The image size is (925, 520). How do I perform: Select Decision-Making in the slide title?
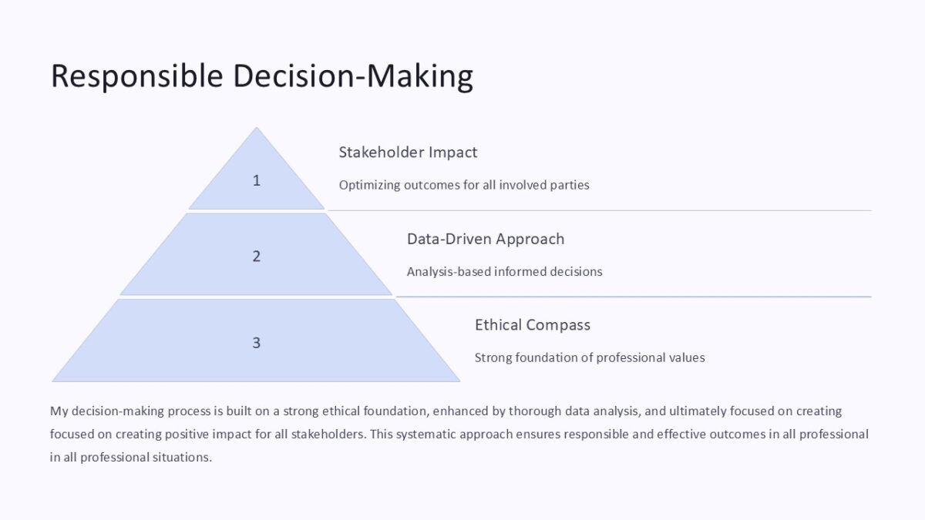[x=353, y=76]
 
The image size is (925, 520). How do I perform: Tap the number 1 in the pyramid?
[x=257, y=180]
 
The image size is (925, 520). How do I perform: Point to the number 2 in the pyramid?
[x=257, y=257]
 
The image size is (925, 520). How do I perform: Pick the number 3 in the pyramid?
[x=257, y=343]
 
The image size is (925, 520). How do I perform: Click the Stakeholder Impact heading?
[x=408, y=153]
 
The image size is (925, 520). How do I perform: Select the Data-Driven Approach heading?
[x=485, y=239]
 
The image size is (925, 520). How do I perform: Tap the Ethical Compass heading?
[x=532, y=325]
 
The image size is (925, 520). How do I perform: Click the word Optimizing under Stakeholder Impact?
[x=369, y=185]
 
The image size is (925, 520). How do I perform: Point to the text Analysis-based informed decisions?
[x=504, y=271]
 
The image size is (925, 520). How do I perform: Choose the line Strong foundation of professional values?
[x=589, y=357]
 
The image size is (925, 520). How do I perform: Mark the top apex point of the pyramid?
[x=257, y=129]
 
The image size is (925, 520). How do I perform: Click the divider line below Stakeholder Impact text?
[x=599, y=210]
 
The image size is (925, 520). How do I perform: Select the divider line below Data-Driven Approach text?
[x=633, y=297]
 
